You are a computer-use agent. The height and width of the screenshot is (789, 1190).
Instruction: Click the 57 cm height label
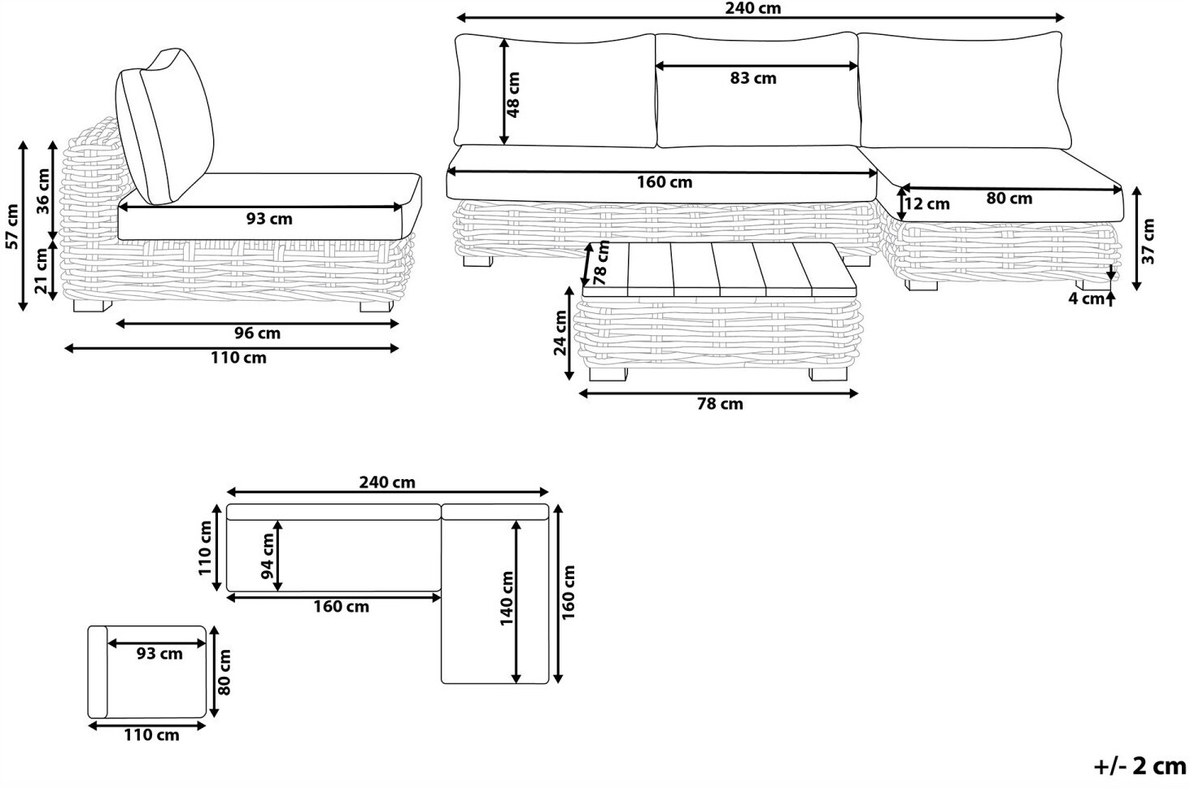click(12, 226)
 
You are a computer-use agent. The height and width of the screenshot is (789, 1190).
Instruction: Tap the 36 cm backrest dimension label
click(43, 191)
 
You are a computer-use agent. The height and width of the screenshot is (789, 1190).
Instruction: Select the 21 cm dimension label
click(41, 271)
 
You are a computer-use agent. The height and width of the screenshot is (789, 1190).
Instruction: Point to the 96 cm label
click(257, 333)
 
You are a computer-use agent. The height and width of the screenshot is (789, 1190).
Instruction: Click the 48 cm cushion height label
click(513, 94)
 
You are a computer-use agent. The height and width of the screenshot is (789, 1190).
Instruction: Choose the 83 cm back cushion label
click(752, 78)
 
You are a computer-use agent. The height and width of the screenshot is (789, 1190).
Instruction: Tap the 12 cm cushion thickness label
click(926, 204)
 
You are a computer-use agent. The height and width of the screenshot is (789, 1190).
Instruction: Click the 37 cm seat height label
click(1148, 242)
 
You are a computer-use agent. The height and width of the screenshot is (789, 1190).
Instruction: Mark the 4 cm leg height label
click(1086, 299)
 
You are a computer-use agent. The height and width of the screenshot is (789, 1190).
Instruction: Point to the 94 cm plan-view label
click(268, 556)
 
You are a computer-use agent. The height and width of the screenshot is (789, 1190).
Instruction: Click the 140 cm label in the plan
click(507, 599)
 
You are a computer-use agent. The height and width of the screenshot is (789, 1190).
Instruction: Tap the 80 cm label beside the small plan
click(224, 672)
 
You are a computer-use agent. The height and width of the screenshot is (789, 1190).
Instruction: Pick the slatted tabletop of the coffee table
click(720, 269)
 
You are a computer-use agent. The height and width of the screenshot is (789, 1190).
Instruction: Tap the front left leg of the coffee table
click(608, 374)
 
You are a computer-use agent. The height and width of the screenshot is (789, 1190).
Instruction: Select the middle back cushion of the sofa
click(757, 90)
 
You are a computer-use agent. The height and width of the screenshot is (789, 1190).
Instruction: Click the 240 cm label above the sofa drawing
click(752, 8)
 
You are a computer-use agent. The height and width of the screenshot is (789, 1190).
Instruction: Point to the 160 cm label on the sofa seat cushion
click(665, 182)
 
